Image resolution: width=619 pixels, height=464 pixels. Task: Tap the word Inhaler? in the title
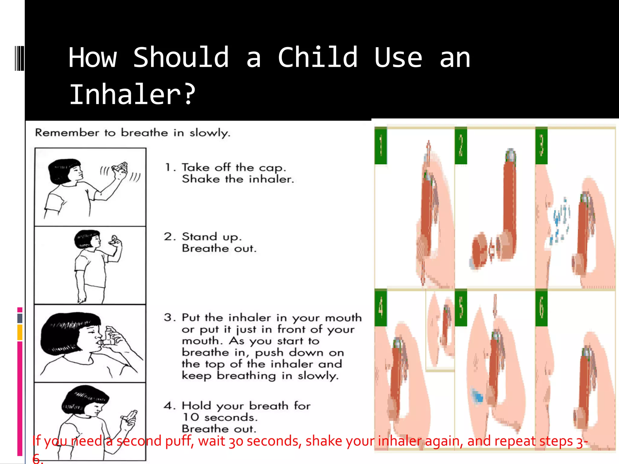(x=132, y=94)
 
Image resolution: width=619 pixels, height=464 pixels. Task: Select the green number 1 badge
(x=381, y=146)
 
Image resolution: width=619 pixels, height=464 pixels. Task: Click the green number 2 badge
(x=461, y=146)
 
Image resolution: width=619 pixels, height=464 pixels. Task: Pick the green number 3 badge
(x=541, y=146)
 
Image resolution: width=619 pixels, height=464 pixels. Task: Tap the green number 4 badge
(x=381, y=308)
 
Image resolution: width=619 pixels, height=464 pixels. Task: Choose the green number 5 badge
(x=461, y=308)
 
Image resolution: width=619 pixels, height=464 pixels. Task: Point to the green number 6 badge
(x=541, y=308)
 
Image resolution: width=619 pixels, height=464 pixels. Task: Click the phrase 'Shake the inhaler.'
(x=238, y=179)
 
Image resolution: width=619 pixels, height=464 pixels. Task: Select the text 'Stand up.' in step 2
(x=212, y=237)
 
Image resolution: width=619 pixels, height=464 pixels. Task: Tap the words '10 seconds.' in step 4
(x=220, y=417)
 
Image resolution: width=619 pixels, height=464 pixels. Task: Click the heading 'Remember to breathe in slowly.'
(x=132, y=133)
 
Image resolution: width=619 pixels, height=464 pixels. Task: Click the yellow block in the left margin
(x=20, y=332)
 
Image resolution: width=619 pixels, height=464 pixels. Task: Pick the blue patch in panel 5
(x=477, y=396)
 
